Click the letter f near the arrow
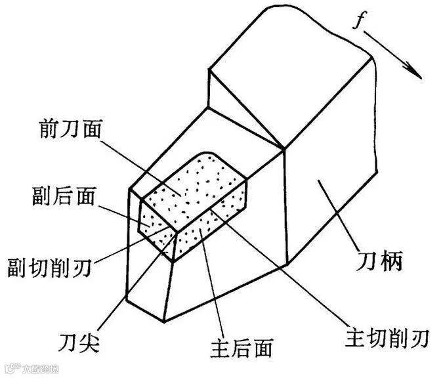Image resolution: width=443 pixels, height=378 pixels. pyautogui.click(x=359, y=22)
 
